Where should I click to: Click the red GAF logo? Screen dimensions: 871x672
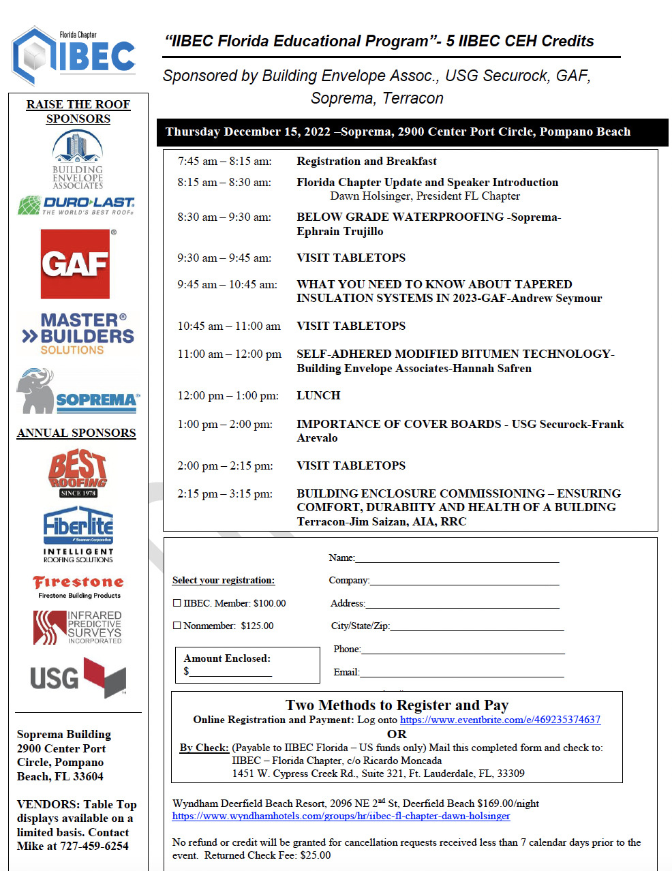75,264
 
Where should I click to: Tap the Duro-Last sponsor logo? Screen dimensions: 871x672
76,205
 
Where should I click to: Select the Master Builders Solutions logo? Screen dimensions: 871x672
78,333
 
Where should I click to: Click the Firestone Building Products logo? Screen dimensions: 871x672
78,586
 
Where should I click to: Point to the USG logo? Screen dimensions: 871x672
78,677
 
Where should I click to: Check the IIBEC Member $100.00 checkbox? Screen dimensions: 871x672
177,603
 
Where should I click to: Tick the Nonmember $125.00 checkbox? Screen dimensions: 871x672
177,626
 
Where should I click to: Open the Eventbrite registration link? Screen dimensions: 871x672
500,720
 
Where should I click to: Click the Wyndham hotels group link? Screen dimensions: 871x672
341,816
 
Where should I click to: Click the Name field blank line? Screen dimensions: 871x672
457,560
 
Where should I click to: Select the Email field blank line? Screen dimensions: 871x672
461,674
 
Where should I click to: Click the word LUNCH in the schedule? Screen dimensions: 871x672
318,395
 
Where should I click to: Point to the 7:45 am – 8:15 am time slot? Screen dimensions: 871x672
224,162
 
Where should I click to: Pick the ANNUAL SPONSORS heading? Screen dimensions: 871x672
76,433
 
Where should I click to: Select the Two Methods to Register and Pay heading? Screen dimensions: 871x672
397,705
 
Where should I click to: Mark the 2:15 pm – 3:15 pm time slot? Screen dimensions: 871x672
225,493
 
